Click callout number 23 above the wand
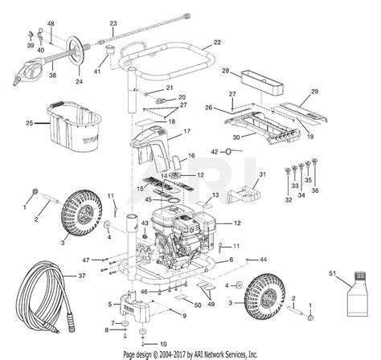pos(113,23)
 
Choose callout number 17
pos(186,131)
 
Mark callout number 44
pos(264,260)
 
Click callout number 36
pos(314,192)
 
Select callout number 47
pos(84,260)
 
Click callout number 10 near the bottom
pos(163,344)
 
